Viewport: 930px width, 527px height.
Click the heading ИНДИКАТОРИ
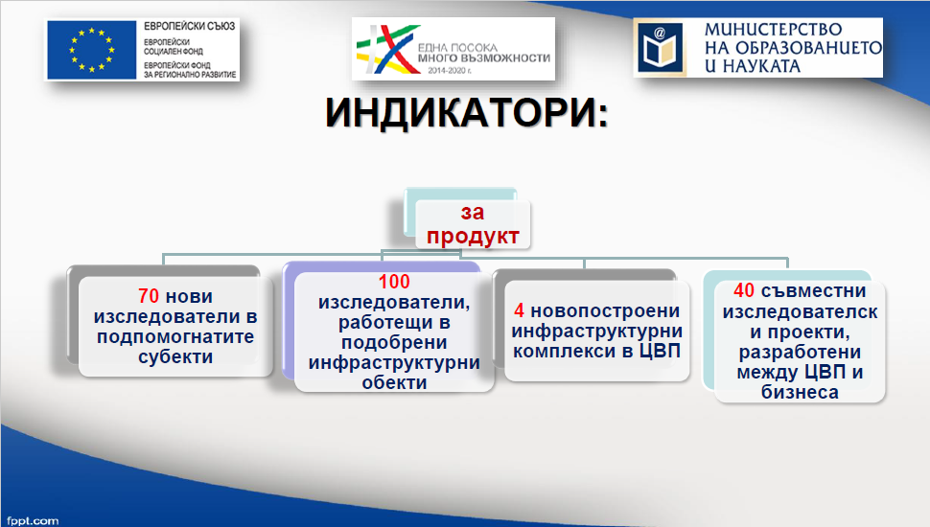(467, 111)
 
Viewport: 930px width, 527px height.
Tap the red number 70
(149, 296)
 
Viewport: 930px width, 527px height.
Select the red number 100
(394, 282)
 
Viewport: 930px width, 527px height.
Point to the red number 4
(519, 310)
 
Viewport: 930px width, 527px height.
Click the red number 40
(744, 290)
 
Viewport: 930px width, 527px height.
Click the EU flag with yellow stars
(92, 50)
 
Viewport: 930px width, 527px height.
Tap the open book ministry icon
(661, 47)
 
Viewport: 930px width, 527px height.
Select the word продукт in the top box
(473, 236)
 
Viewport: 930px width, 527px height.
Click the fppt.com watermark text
(33, 520)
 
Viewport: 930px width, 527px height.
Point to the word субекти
(175, 356)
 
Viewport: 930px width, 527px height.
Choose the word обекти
(394, 382)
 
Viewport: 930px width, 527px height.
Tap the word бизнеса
(801, 392)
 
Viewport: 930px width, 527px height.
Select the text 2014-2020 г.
(450, 71)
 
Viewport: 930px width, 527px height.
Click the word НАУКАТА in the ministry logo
(761, 66)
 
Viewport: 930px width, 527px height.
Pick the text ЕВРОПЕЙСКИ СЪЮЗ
(189, 27)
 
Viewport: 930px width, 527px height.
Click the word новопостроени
(605, 310)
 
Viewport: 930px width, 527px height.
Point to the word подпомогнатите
(175, 336)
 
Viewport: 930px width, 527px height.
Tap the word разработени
(801, 352)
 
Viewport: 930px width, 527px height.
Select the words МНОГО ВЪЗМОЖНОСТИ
(484, 58)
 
